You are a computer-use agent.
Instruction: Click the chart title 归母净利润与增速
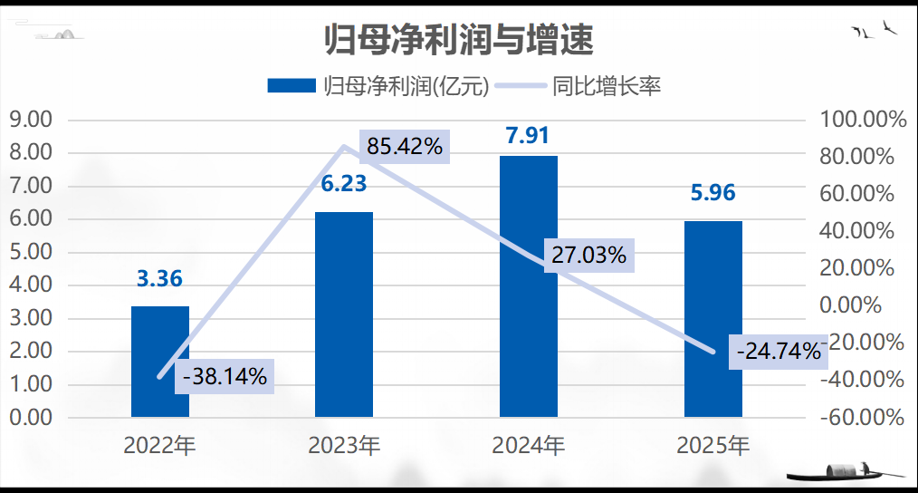(x=458, y=39)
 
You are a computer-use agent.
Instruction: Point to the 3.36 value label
(x=159, y=278)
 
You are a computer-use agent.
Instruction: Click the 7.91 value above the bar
(x=528, y=137)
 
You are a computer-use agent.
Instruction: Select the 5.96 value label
(x=712, y=193)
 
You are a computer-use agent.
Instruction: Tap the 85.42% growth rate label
(x=405, y=145)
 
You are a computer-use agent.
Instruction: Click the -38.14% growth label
(x=225, y=376)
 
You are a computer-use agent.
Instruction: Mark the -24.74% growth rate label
(x=778, y=351)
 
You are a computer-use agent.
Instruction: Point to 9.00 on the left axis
(x=32, y=120)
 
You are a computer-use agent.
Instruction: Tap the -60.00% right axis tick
(x=861, y=418)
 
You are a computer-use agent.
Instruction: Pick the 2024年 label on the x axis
(x=529, y=446)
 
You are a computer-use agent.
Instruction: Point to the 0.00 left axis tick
(x=32, y=418)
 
